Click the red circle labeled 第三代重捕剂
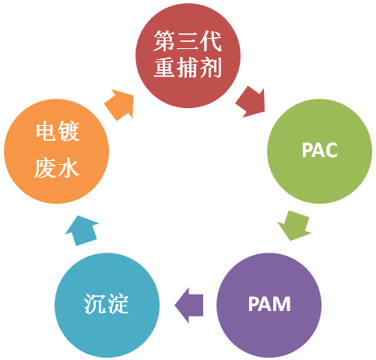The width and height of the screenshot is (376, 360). pyautogui.click(x=188, y=55)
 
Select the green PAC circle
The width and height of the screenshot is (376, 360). pyautogui.click(x=319, y=151)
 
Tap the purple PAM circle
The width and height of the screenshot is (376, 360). pyautogui.click(x=269, y=305)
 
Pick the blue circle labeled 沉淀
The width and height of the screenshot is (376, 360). pyautogui.click(x=107, y=305)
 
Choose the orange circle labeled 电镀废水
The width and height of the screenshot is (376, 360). pyautogui.click(x=56, y=151)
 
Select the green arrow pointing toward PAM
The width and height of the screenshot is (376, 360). pyautogui.click(x=295, y=225)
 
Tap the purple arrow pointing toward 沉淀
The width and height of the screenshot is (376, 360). pyautogui.click(x=188, y=305)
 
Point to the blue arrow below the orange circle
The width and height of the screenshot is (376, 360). pyautogui.click(x=82, y=230)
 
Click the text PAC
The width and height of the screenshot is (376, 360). pyautogui.click(x=319, y=150)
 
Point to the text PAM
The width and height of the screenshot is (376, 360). pyautogui.click(x=269, y=304)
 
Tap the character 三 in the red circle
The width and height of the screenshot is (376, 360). pyautogui.click(x=188, y=41)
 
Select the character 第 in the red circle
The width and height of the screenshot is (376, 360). pyautogui.click(x=164, y=41)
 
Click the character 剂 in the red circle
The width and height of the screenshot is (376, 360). pyautogui.click(x=211, y=68)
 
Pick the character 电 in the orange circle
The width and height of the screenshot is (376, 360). pyautogui.click(x=45, y=131)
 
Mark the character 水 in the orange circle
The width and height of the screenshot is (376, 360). pyautogui.click(x=69, y=168)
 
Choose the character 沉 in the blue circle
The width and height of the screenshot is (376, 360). pyautogui.click(x=94, y=304)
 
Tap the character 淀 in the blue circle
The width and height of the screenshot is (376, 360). pyautogui.click(x=118, y=304)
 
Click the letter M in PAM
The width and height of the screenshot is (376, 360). pyautogui.click(x=283, y=304)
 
